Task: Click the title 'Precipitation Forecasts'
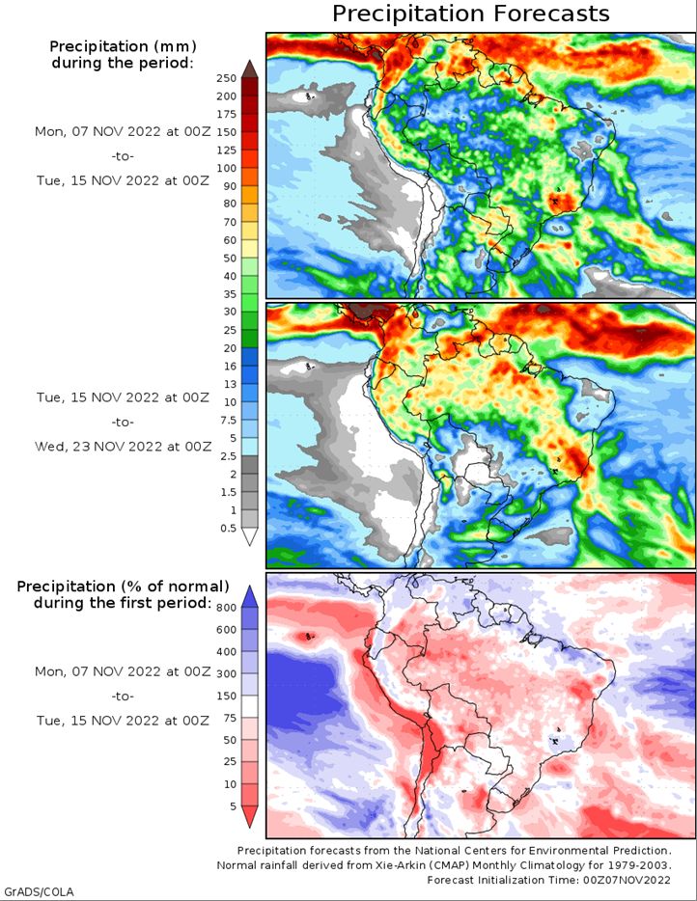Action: [470, 14]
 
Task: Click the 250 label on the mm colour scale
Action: [227, 78]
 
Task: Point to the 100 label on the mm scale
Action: [227, 168]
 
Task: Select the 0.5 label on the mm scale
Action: [228, 528]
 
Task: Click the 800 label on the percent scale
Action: [227, 608]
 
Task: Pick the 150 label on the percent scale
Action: [227, 696]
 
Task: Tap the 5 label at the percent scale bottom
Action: [233, 806]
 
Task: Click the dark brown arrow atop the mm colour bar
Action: [249, 68]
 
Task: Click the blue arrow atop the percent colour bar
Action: [249, 596]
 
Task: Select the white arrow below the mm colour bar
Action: [249, 536]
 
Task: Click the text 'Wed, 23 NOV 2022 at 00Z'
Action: [123, 447]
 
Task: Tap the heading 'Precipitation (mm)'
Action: [123, 46]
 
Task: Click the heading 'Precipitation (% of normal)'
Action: [123, 587]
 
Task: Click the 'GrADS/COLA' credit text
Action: [39, 892]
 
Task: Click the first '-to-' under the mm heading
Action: [123, 156]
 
